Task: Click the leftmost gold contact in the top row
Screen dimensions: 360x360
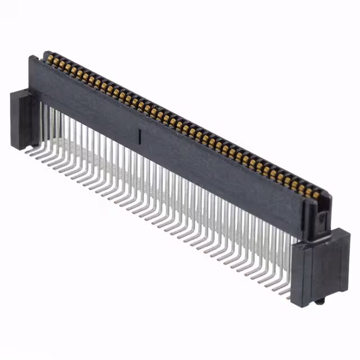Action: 50,58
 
